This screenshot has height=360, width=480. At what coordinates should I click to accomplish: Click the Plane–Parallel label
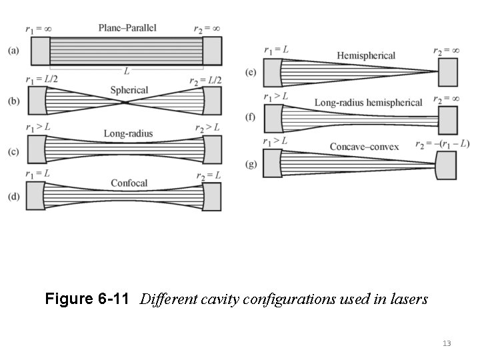coord(127,28)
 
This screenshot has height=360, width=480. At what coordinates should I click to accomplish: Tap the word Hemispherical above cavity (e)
coord(366,55)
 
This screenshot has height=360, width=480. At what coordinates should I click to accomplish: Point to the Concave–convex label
coord(365,146)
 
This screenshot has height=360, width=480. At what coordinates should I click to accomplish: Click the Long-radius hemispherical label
coord(368,103)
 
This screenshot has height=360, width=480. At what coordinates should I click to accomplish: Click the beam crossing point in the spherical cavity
coord(126,102)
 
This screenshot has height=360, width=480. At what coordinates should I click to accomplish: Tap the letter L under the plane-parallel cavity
coord(125,70)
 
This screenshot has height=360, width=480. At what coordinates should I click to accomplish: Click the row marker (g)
coord(251,164)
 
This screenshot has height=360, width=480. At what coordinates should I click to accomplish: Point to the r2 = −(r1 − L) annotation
coord(442,143)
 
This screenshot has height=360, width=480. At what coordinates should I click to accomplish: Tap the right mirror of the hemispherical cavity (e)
coord(447,72)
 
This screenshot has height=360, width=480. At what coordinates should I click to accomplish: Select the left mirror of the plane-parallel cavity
coord(39,51)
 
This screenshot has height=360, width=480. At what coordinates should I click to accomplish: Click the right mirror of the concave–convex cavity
coord(446,164)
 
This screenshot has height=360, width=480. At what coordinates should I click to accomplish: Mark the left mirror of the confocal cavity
coord(34,197)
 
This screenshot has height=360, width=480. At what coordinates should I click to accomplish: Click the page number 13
coord(446,343)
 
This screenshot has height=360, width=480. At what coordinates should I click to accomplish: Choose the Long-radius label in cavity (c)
coord(128,133)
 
